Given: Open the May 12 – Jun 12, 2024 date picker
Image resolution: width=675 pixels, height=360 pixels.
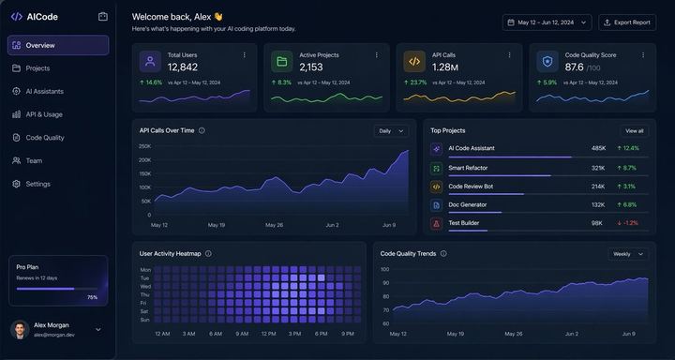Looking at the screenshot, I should click(x=547, y=22).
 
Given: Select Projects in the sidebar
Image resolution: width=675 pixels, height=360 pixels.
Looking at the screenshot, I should click(x=37, y=68).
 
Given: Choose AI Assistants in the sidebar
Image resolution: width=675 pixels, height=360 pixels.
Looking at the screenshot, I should click(x=44, y=91).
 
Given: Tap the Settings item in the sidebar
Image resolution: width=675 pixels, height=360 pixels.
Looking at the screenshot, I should click(x=37, y=184).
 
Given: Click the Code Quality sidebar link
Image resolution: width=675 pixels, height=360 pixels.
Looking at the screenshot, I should click(x=45, y=138).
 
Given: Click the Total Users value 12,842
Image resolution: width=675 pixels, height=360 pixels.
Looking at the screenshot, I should click(x=183, y=67).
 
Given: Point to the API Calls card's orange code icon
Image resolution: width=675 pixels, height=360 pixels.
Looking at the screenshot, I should click(x=412, y=62).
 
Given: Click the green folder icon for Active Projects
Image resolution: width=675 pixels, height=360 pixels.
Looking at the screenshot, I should click(x=280, y=62).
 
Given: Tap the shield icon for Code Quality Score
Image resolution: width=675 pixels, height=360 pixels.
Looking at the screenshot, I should click(x=547, y=62).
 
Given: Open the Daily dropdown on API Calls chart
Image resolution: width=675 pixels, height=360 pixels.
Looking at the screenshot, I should click(x=391, y=131).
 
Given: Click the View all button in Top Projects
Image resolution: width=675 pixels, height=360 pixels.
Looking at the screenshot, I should click(x=634, y=131).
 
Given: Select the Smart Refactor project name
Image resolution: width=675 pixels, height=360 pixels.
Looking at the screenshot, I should click(x=468, y=168).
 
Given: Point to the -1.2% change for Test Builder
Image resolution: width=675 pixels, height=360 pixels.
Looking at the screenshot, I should click(x=627, y=223).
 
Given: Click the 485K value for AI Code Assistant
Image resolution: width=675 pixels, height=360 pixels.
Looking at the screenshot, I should click(x=597, y=148).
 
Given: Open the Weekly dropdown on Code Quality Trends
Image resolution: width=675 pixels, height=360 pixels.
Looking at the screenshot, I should click(x=628, y=254).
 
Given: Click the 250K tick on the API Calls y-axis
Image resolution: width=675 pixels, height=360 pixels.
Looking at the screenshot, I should click(x=144, y=146).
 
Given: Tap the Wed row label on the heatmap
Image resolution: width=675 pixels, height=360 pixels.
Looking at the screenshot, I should click(x=145, y=286).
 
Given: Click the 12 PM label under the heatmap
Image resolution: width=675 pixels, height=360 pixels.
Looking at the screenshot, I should click(x=269, y=334).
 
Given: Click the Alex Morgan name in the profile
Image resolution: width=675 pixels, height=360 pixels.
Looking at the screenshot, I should click(x=52, y=325).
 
